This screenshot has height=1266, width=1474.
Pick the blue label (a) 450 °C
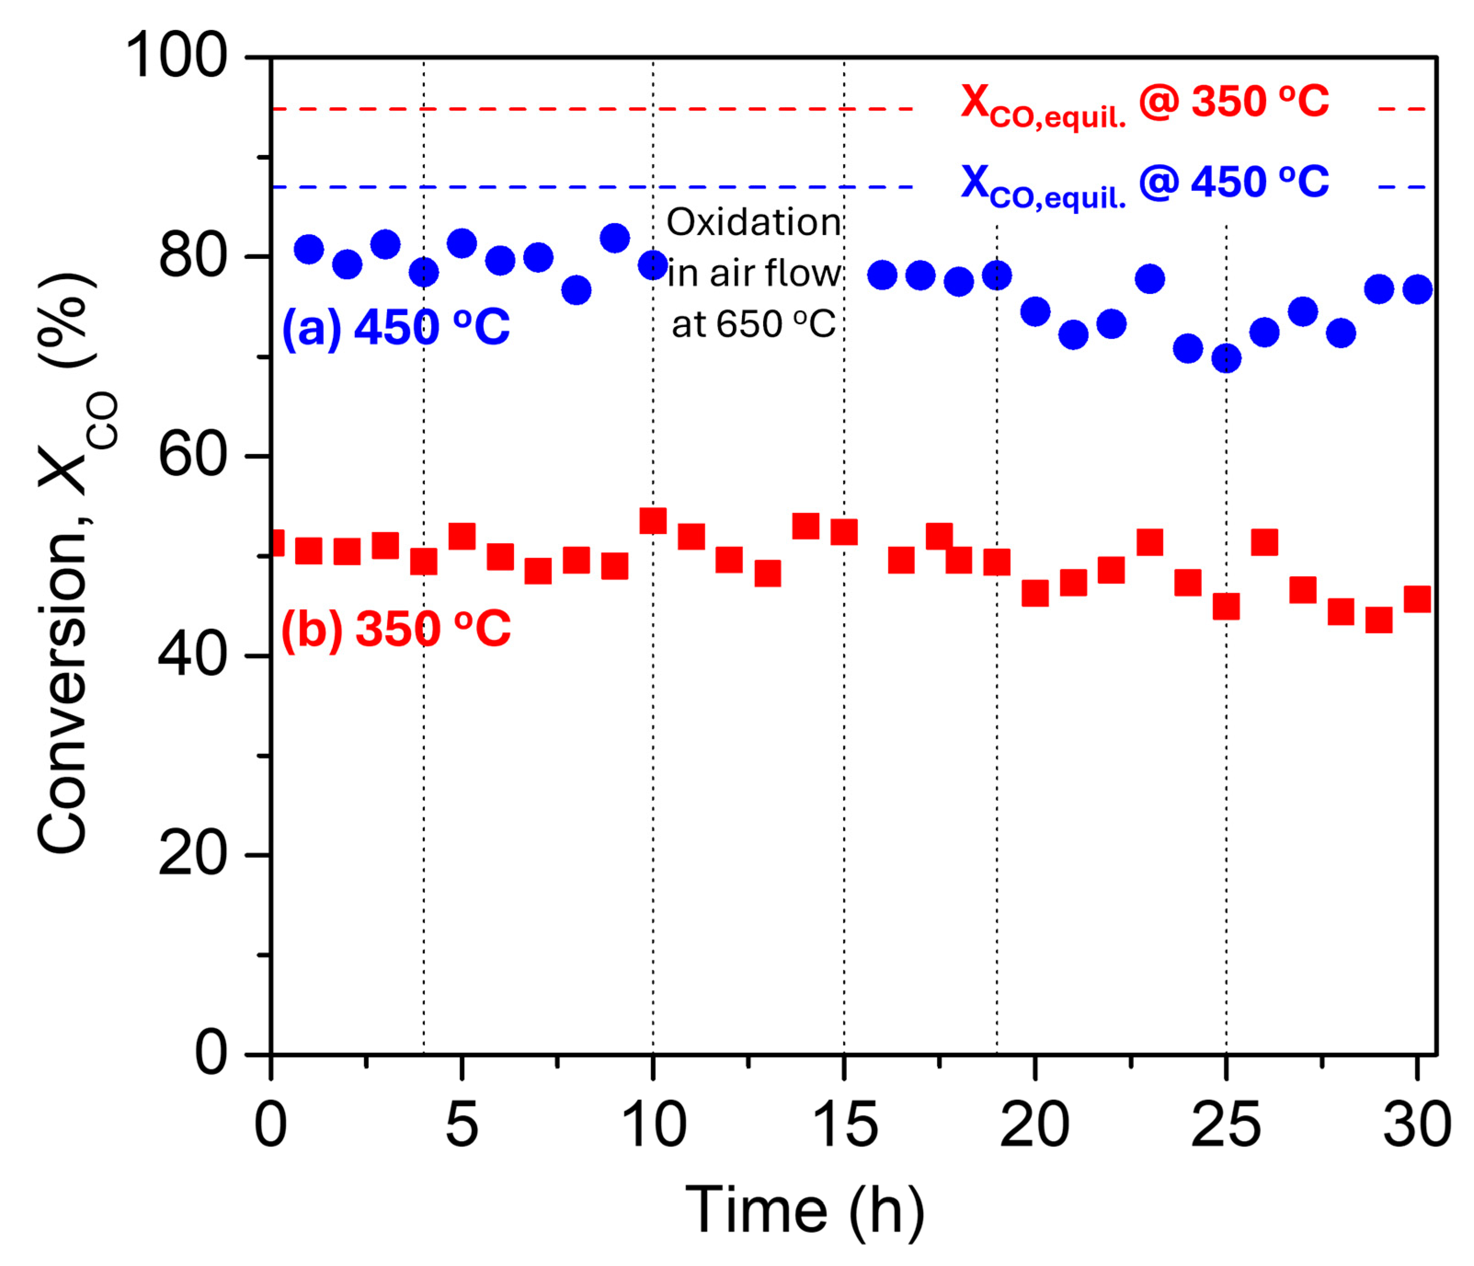(x=395, y=327)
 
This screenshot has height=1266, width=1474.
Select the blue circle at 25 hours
(x=1226, y=358)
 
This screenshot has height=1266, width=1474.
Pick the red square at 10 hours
(x=653, y=521)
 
